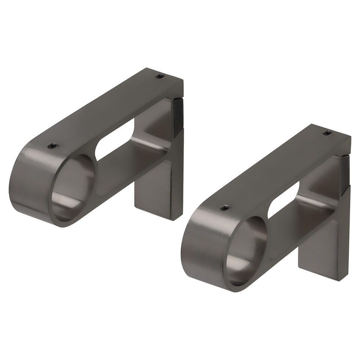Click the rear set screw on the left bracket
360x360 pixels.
coord(160,76)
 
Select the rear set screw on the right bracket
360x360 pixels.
coord(327,133)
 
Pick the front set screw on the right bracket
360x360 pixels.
coord(224,208)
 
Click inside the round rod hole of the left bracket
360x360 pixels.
coord(73,187)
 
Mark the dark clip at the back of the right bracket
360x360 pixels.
coord(345,174)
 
